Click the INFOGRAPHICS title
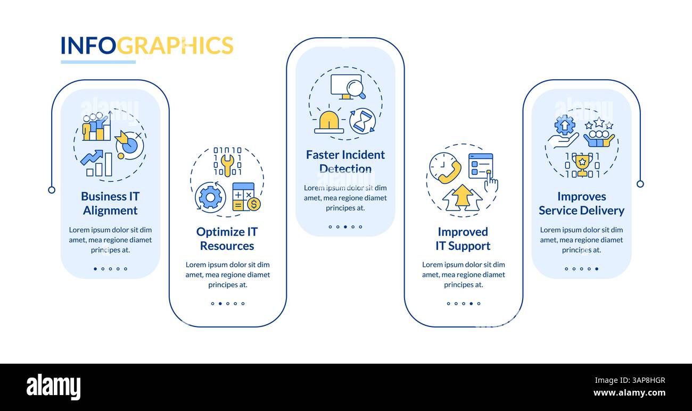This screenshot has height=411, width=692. [147, 46]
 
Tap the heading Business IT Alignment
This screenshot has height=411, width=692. [110, 203]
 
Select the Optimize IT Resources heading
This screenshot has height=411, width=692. [227, 239]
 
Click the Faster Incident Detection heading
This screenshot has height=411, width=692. [345, 162]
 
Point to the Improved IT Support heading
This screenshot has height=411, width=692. [463, 239]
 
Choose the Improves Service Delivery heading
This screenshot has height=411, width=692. [581, 203]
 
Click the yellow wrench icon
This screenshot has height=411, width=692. [227, 164]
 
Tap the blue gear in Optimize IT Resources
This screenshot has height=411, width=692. [210, 197]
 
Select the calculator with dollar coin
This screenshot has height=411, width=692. [245, 197]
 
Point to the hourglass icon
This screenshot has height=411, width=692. [363, 121]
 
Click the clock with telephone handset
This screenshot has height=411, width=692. [445, 168]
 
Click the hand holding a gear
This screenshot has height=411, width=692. [563, 133]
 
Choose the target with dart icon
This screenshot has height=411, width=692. [128, 144]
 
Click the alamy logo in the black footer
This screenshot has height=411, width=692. [53, 387]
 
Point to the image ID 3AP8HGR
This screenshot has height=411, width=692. [629, 380]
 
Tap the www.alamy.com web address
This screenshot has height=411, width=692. [629, 393]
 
